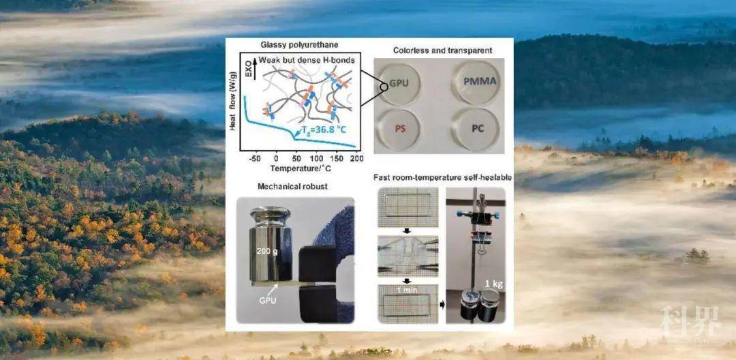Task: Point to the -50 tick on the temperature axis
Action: click(x=255, y=159)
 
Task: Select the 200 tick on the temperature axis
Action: click(x=356, y=159)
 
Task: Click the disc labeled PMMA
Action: click(x=475, y=83)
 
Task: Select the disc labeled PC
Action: click(x=475, y=129)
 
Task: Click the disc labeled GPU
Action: click(x=399, y=83)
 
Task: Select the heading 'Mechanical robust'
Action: click(x=292, y=186)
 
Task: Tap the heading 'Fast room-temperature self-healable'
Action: click(x=442, y=177)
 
